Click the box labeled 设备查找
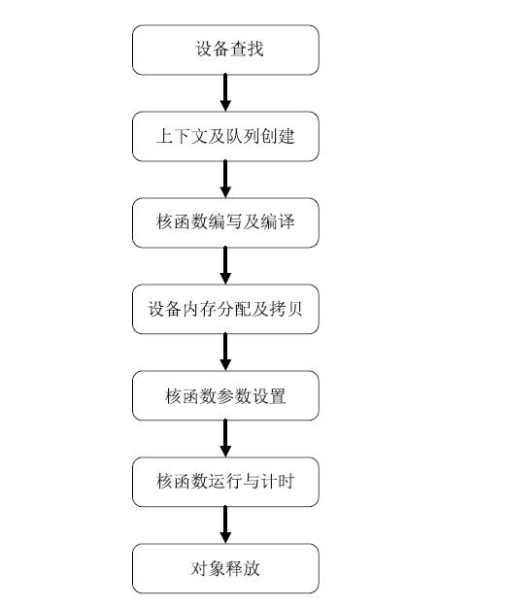tap(225, 51)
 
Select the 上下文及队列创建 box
tap(225, 137)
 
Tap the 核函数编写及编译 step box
tap(225, 223)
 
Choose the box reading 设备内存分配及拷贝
tap(225, 310)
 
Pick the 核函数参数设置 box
tap(225, 396)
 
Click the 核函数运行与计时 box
tap(225, 483)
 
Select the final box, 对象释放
tap(225, 569)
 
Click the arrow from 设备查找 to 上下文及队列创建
tap(225, 93)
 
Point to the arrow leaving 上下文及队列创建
tap(225, 180)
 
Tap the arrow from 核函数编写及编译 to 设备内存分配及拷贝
tap(225, 266)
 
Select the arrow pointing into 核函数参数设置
tap(225, 353)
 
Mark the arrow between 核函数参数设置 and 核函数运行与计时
tap(225, 439)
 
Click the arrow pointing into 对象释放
tap(225, 525)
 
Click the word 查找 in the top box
tap(247, 49)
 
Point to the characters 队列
tap(243, 136)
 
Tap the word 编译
tap(278, 222)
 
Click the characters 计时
tap(278, 482)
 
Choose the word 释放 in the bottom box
tap(243, 568)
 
